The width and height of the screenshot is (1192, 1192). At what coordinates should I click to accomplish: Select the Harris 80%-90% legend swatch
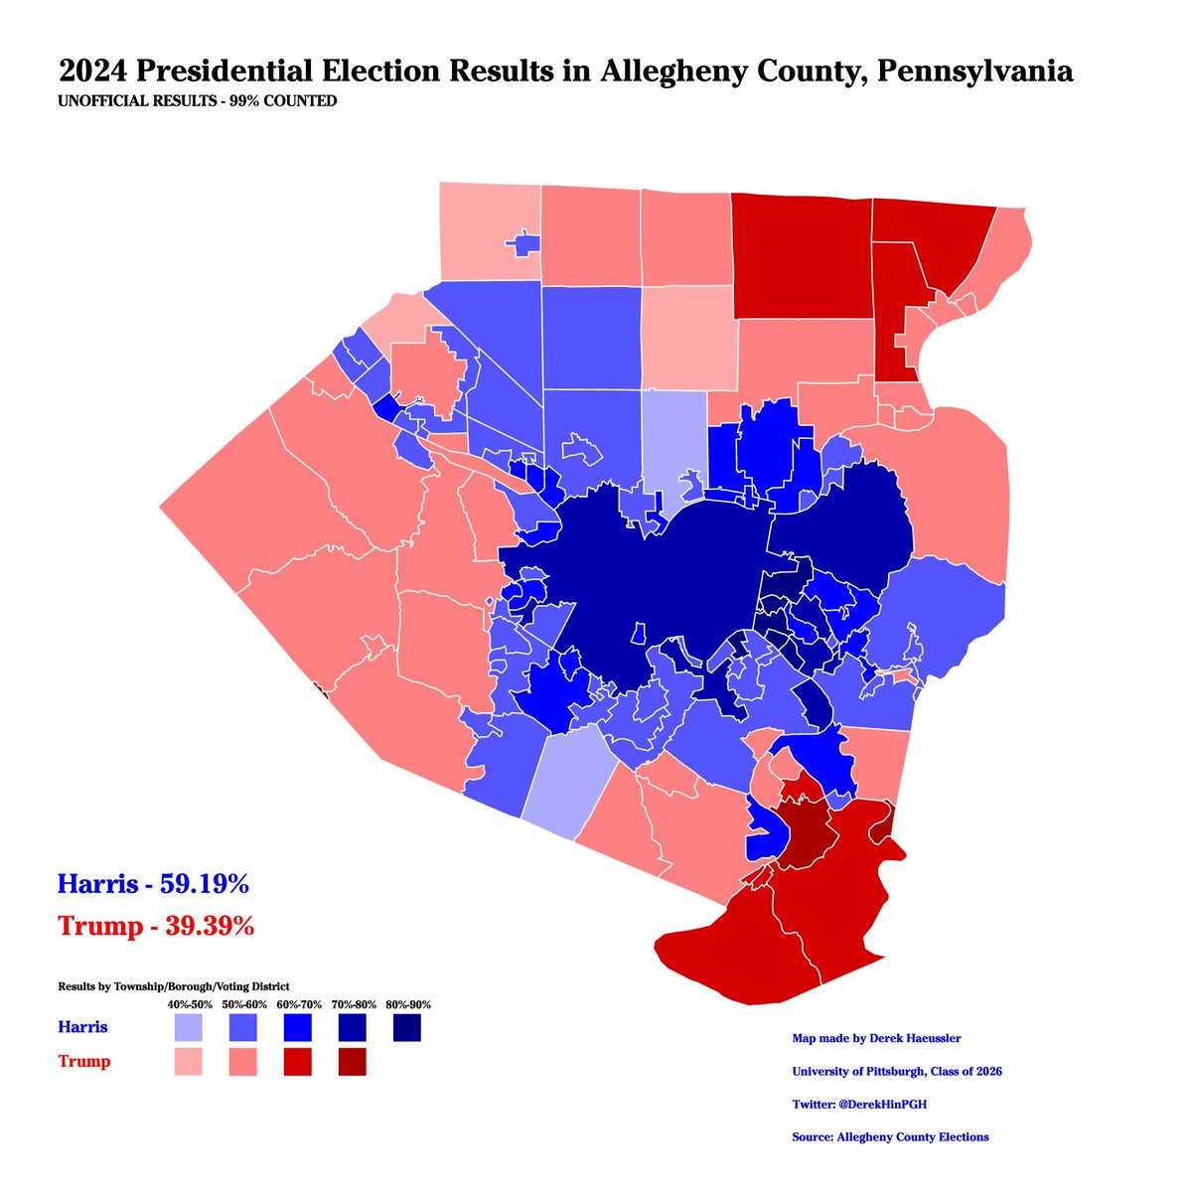coord(406,1027)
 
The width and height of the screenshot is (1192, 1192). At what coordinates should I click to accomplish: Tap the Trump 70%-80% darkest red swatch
coord(352,1062)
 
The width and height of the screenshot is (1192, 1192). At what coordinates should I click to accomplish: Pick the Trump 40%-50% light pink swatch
coord(188,1062)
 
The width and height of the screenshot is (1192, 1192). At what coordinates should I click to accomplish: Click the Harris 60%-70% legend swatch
coord(297,1027)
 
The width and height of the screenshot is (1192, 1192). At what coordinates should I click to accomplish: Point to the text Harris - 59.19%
coord(153,883)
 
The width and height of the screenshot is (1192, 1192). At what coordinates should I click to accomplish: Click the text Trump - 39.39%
coord(157,926)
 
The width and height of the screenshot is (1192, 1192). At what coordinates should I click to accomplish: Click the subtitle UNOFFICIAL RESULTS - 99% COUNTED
coord(198,101)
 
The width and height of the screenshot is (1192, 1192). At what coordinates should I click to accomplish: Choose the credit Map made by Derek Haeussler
coord(876,1039)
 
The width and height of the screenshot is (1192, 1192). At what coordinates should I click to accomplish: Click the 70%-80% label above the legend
coord(352,1004)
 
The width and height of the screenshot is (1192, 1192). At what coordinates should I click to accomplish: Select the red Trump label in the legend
coord(84,1062)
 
